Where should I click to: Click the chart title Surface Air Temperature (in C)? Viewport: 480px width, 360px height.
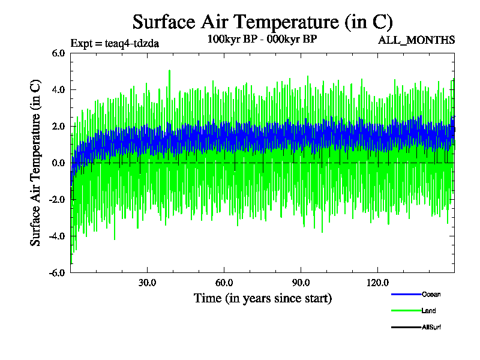tap(262, 22)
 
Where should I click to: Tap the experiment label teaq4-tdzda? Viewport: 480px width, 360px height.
tap(115, 43)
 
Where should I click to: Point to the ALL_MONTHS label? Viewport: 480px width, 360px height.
tap(416, 40)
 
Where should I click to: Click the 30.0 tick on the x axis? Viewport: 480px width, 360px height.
tap(147, 283)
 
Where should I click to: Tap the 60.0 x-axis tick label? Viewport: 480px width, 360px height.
tap(224, 283)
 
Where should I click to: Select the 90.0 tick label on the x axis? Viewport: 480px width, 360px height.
tap(301, 283)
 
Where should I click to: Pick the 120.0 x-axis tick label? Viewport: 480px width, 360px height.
tap(377, 283)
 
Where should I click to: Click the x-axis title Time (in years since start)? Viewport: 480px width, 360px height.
tap(262, 298)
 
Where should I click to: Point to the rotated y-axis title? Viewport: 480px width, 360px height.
tap(35, 163)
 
